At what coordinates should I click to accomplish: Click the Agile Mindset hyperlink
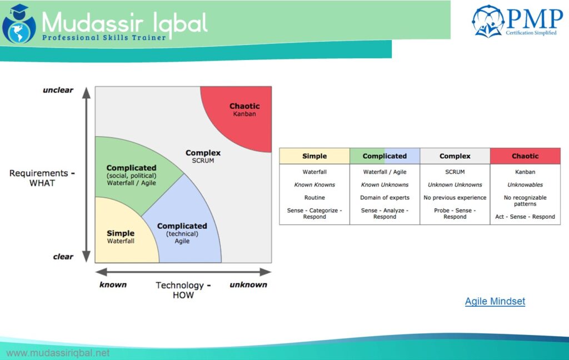click(x=495, y=301)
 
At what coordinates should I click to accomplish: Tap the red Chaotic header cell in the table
click(x=525, y=156)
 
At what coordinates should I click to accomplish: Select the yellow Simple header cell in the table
click(x=314, y=156)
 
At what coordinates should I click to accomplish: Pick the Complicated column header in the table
click(x=385, y=156)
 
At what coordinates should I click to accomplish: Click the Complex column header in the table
click(x=455, y=156)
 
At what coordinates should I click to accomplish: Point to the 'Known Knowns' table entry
click(x=314, y=185)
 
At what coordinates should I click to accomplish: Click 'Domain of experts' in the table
click(x=385, y=198)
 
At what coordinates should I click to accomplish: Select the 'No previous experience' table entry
click(x=455, y=198)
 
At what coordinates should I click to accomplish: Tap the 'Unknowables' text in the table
click(x=525, y=185)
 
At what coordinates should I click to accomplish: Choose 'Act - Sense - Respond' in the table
click(x=525, y=217)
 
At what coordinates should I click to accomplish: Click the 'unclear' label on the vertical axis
click(x=58, y=90)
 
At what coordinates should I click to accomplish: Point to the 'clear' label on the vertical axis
click(x=63, y=257)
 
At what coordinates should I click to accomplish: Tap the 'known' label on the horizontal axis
click(x=113, y=284)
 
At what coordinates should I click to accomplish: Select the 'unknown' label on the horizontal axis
click(x=248, y=284)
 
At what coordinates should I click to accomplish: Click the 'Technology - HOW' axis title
click(x=183, y=290)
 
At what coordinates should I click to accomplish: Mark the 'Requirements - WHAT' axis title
click(x=42, y=178)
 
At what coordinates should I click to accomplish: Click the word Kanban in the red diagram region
click(x=244, y=114)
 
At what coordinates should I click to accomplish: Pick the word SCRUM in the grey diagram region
click(x=203, y=161)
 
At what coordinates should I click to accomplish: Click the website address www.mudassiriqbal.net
click(x=58, y=353)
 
